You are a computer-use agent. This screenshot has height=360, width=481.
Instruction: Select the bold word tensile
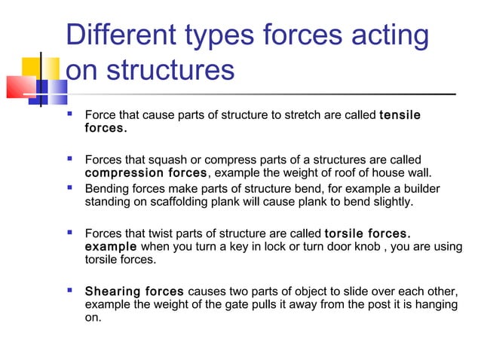pyautogui.click(x=400, y=115)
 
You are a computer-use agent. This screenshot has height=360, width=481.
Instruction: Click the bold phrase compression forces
pyautogui.click(x=145, y=174)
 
